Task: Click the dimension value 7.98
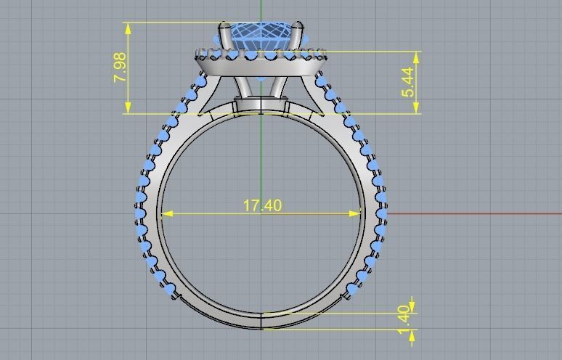point(121,67)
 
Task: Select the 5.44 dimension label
point(409,81)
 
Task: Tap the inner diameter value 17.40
point(262,206)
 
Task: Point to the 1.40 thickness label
point(404,319)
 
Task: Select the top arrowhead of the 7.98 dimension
point(129,28)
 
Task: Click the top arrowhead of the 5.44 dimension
point(417,57)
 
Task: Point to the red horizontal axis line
point(472,214)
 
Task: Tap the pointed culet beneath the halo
point(261,77)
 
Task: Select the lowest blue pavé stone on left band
point(171,292)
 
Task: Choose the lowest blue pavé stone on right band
point(353,292)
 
